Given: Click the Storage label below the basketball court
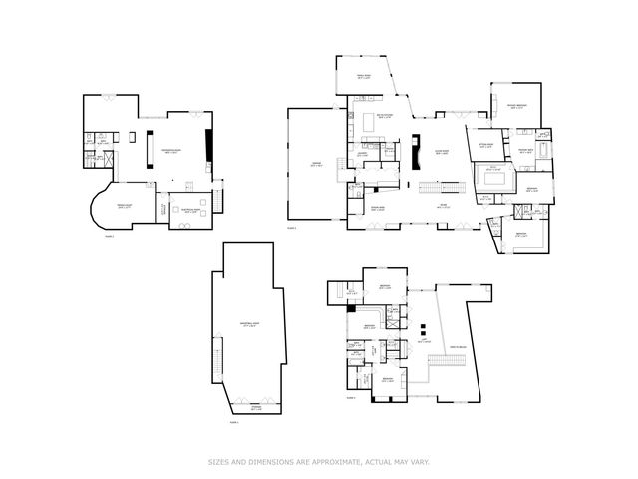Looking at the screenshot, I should coord(256,409).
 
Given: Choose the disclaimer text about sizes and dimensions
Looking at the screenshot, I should coord(319,461).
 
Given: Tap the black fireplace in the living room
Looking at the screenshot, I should coord(417,147).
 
